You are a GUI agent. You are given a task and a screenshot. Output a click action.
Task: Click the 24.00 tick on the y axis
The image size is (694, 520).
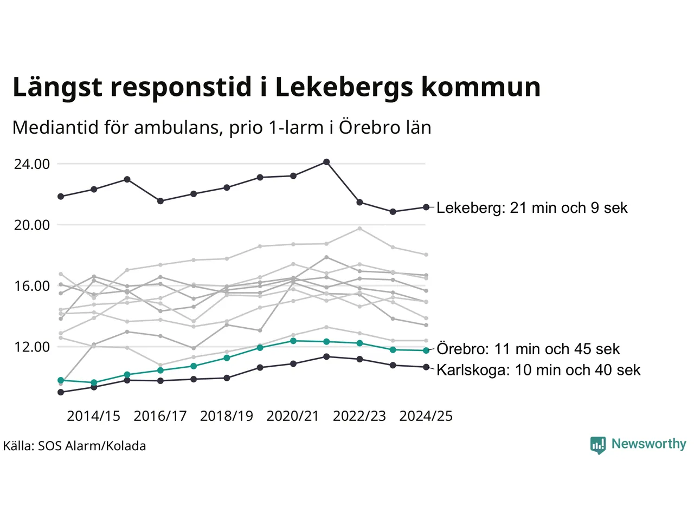click(32, 164)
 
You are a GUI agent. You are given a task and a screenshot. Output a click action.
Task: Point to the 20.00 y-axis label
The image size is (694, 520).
click(32, 225)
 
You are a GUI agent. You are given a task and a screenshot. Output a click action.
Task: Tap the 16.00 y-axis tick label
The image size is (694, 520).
click(32, 286)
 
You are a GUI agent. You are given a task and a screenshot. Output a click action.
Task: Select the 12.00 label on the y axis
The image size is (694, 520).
click(32, 347)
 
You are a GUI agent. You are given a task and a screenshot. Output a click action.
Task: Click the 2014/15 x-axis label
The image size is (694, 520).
click(93, 416)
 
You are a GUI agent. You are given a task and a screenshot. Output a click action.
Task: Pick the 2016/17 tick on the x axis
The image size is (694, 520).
click(160, 416)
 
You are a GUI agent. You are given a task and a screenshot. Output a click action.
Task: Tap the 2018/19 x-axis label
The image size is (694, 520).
click(227, 416)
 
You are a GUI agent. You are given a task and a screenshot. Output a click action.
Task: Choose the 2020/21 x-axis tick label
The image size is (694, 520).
click(293, 416)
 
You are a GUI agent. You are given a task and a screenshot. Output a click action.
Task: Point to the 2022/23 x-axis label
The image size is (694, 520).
click(359, 416)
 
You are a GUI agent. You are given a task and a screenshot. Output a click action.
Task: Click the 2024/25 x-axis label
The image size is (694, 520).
click(426, 416)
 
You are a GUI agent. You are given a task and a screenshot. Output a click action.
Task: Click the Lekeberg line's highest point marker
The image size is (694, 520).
click(326, 162)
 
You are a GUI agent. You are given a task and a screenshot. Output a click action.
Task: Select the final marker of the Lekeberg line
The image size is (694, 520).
click(426, 207)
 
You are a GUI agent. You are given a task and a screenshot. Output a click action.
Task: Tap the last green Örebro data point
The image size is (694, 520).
click(426, 350)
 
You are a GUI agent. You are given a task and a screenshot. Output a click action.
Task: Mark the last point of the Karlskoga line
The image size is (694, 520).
click(426, 367)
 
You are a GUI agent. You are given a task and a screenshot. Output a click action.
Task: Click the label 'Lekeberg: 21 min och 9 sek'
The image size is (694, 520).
click(532, 208)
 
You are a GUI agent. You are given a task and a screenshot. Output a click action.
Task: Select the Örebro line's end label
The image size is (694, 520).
click(528, 349)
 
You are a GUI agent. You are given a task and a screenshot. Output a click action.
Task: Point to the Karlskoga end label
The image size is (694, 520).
click(538, 370)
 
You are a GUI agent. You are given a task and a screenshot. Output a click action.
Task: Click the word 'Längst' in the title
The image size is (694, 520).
click(57, 87)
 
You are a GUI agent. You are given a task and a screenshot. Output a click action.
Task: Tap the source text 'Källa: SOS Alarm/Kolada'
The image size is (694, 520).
click(75, 446)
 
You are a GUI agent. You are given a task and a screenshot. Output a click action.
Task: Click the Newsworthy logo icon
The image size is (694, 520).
click(597, 445)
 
